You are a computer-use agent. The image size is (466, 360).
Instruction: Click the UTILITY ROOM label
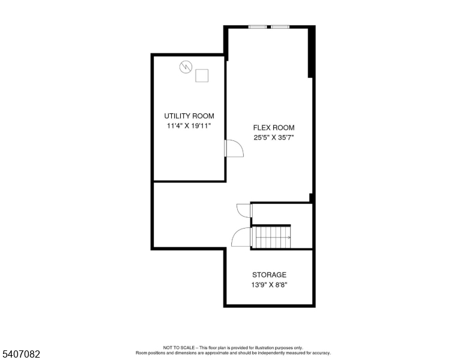pos(189,116)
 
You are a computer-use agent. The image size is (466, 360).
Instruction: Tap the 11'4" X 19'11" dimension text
pos(189,126)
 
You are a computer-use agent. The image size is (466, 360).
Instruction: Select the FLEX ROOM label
pos(274,128)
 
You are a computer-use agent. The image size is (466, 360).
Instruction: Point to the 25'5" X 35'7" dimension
pos(274,137)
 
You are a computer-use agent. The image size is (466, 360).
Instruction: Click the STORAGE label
pos(269,275)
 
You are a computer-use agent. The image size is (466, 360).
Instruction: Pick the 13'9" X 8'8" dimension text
pos(269,285)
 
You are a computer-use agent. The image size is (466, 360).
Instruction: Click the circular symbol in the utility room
pos(186,67)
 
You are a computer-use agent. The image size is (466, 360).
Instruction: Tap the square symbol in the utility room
pos(202,76)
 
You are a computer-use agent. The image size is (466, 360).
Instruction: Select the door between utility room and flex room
pos(234,148)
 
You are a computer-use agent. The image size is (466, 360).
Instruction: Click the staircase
pos(271,238)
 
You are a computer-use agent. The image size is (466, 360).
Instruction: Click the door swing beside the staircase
pos(241,237)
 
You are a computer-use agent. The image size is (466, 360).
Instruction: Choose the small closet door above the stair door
pos(244,211)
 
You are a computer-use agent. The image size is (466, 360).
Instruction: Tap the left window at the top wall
pos(258,27)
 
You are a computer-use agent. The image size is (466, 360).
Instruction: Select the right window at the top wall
pos(280,27)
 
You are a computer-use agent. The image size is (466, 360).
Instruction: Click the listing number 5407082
pos(21,354)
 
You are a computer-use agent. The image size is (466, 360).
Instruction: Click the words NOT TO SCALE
pos(178,347)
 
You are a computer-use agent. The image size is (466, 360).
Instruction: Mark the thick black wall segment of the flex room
pos(311,52)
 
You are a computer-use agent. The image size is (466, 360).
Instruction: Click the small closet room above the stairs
pos(282,214)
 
